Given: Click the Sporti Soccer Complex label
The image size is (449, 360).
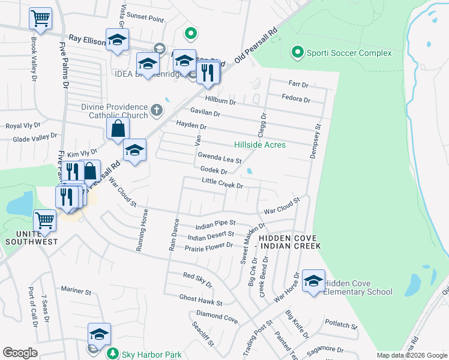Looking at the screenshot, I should [x=349, y=53].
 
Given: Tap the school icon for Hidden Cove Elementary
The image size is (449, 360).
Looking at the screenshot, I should [x=313, y=281].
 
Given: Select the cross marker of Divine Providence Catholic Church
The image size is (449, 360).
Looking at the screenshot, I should [x=156, y=110].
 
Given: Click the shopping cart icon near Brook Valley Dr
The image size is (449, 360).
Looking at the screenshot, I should [x=40, y=18].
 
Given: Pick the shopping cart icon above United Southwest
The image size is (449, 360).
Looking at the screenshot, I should [x=45, y=220].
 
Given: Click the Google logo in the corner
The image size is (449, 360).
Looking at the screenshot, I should [x=20, y=353].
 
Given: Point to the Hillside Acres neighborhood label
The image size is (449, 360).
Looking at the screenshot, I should [x=259, y=145].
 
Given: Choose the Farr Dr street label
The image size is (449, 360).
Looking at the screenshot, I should [x=298, y=85].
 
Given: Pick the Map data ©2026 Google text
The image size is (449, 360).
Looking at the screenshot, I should [x=412, y=355].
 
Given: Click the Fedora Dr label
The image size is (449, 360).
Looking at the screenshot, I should [x=295, y=100].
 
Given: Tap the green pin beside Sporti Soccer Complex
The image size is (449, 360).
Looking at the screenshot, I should [x=297, y=53].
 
